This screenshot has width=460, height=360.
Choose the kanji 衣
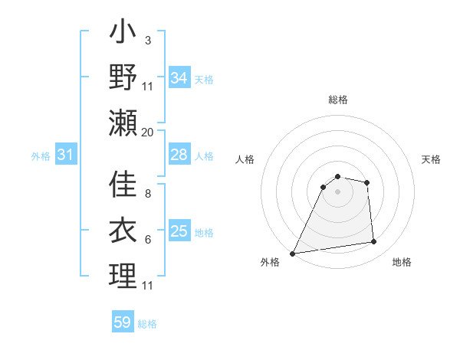123,230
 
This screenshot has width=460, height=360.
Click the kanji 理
123,275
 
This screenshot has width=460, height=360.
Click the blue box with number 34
179,77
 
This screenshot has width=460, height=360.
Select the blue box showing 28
179,155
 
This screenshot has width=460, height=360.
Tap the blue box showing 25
179,231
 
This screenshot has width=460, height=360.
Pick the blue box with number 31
66,155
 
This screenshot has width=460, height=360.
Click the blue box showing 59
123,322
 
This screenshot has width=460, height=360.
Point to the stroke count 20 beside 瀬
148,132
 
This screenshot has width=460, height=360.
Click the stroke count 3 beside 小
147,39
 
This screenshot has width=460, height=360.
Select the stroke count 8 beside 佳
147,195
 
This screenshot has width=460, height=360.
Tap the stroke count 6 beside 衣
147,240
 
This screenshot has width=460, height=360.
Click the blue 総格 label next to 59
147,324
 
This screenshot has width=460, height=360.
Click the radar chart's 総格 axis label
337,100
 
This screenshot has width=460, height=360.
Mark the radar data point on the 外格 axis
292,254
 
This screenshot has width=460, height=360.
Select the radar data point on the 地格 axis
374,242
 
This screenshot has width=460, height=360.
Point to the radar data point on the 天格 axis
367,182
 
